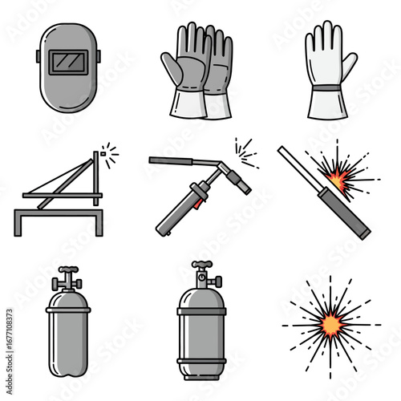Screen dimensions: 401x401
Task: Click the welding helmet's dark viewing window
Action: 67,61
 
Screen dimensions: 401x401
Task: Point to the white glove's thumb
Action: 309,67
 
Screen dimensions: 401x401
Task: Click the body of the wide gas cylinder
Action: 200,333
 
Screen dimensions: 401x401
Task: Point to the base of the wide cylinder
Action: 200,374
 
